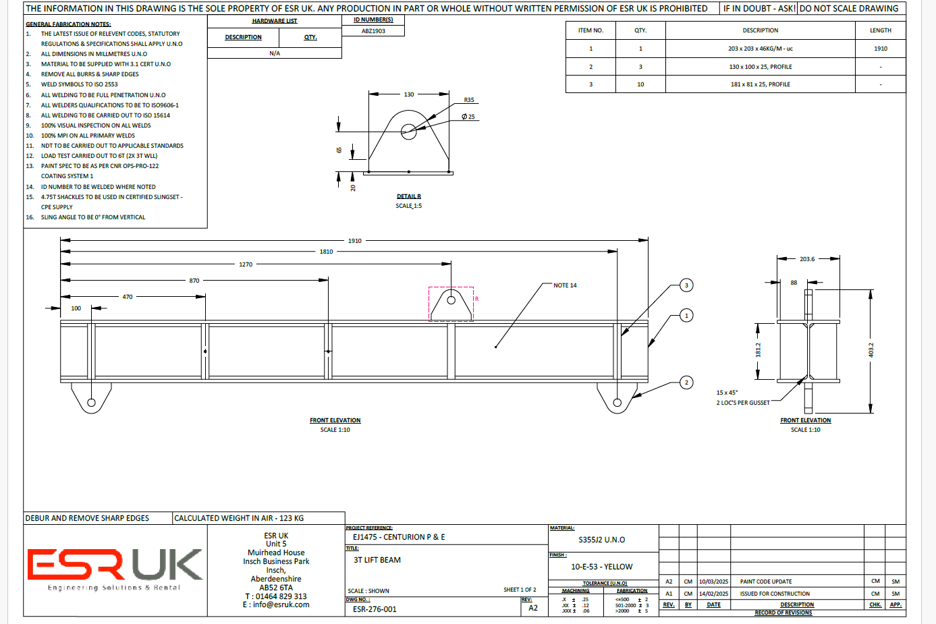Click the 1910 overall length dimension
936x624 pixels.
[355, 241]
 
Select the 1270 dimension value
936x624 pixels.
[246, 264]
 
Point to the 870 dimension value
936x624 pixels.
[194, 281]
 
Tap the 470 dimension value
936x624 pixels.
[128, 297]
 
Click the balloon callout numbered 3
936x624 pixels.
[686, 285]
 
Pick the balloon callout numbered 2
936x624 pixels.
[686, 382]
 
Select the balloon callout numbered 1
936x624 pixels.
[686, 315]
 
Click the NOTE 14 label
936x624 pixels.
[565, 285]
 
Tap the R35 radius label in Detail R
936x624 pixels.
[468, 100]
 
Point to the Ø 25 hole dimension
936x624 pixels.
[468, 117]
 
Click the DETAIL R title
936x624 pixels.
[408, 196]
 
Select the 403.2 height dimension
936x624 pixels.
[871, 349]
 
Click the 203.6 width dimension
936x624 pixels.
[807, 259]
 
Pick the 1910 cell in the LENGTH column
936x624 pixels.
[880, 49]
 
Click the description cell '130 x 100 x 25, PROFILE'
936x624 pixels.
[760, 67]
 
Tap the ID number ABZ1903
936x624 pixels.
[373, 31]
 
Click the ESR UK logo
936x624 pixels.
[115, 567]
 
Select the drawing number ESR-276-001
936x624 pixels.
[375, 609]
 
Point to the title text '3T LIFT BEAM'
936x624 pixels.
[377, 560]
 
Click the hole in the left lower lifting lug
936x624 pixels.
[91, 403]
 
